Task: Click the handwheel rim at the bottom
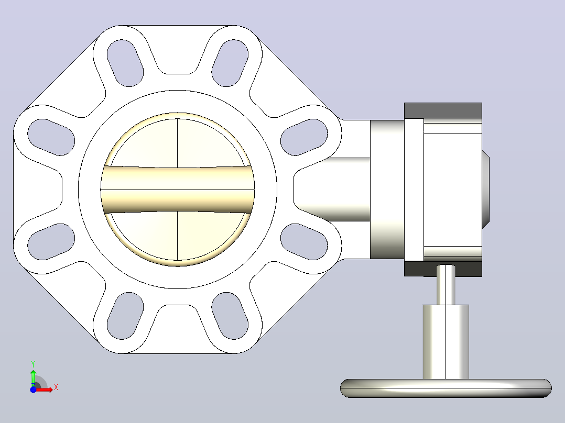(x=446, y=388)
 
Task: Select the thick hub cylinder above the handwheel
(x=446, y=342)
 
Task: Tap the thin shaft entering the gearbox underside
(x=446, y=285)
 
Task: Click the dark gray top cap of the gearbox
(x=443, y=110)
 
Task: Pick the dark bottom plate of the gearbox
(x=443, y=269)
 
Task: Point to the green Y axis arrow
(x=33, y=377)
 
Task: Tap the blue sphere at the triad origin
(x=33, y=389)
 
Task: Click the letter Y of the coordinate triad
(x=33, y=364)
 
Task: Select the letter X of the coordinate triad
(x=56, y=387)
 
